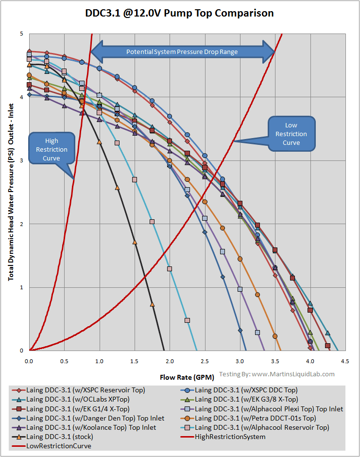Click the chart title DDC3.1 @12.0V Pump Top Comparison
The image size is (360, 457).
tap(179, 13)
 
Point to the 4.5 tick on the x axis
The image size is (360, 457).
tap(344, 362)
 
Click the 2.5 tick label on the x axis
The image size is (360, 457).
tap(205, 362)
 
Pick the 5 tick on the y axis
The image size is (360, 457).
tap(22, 34)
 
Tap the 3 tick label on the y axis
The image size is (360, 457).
tap(22, 160)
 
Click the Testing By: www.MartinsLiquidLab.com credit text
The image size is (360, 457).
tap(277, 374)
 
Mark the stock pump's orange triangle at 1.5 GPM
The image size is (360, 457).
tap(135, 242)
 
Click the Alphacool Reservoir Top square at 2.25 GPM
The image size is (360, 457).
tap(187, 320)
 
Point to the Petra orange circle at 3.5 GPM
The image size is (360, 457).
tap(275, 336)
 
